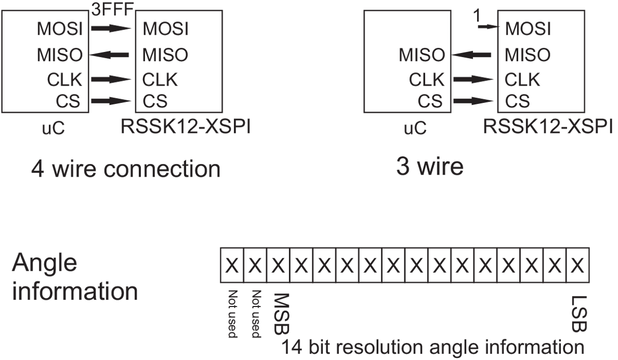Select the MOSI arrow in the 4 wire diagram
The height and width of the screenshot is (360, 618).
pyautogui.click(x=111, y=29)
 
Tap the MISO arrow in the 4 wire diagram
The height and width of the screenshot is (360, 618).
pyautogui.click(x=109, y=55)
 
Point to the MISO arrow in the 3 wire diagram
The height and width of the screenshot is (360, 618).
pyautogui.click(x=471, y=55)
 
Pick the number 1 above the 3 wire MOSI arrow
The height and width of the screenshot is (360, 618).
pyautogui.click(x=477, y=16)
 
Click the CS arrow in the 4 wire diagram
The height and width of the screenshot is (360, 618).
pyautogui.click(x=111, y=101)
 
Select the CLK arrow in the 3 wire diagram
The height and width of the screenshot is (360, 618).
pyautogui.click(x=473, y=79)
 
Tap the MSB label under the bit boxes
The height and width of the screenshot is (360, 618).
pyautogui.click(x=282, y=314)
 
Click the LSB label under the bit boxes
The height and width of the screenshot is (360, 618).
pyautogui.click(x=579, y=314)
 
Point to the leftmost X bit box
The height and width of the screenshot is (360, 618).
pyautogui.click(x=232, y=265)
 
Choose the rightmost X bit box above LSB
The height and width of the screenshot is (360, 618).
pyautogui.click(x=578, y=265)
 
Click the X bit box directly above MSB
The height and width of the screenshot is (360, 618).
pyautogui.click(x=278, y=265)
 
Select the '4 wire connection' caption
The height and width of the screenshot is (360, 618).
pyautogui.click(x=126, y=169)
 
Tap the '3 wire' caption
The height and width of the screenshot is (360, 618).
pyautogui.click(x=430, y=167)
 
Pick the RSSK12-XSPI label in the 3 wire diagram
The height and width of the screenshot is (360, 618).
pyautogui.click(x=548, y=127)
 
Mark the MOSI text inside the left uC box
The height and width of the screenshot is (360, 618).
pyautogui.click(x=60, y=29)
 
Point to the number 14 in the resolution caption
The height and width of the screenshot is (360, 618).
pyautogui.click(x=292, y=348)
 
